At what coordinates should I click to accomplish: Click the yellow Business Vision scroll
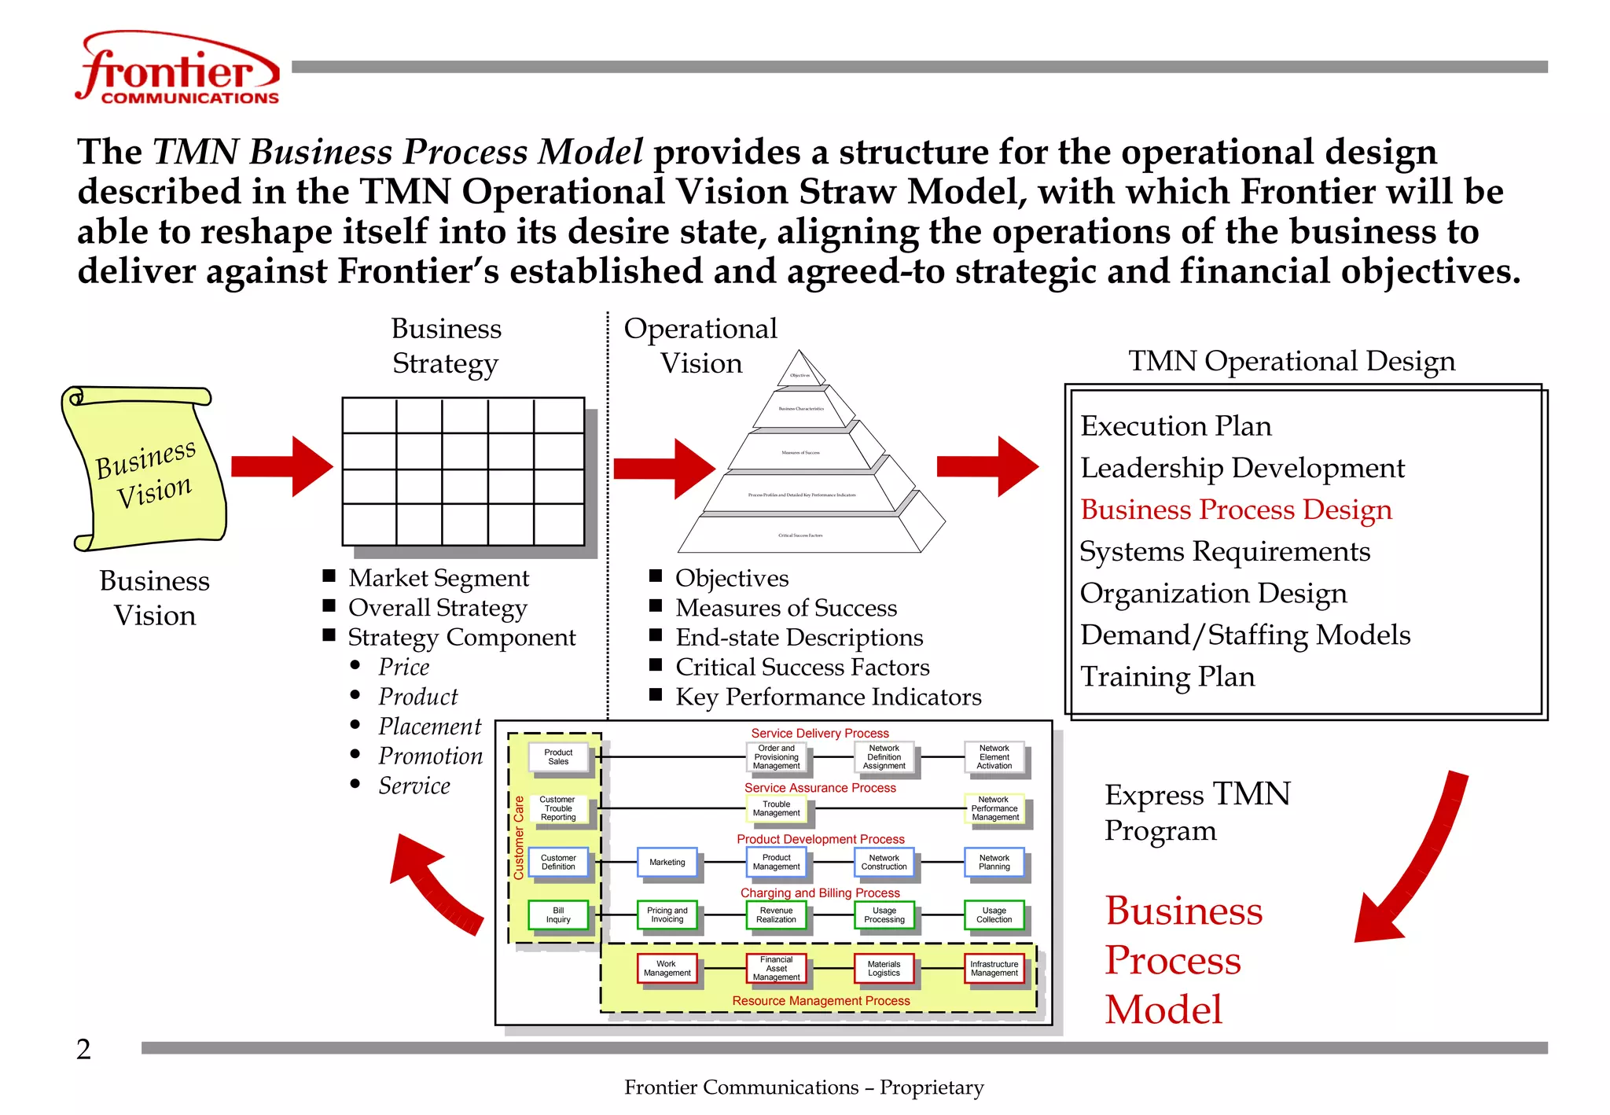145,469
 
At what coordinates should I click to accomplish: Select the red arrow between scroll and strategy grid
281,466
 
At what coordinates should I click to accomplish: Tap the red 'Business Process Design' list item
1236,510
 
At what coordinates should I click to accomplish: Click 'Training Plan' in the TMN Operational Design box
1167,677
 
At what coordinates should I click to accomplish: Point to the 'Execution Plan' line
1175,426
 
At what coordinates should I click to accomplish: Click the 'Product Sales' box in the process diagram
558,756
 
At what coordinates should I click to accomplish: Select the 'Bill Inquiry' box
558,915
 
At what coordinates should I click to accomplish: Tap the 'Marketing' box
667,863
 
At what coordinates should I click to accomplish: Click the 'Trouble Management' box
776,808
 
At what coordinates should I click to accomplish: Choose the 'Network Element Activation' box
994,757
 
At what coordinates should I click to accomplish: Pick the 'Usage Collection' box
994,915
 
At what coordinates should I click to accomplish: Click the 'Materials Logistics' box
884,969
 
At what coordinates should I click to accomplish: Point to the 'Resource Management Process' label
821,1001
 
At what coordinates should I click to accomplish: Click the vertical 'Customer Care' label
519,837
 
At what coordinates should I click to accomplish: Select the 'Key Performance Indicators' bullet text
828,697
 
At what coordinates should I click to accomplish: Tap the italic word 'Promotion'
430,756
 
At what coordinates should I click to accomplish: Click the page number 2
83,1050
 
